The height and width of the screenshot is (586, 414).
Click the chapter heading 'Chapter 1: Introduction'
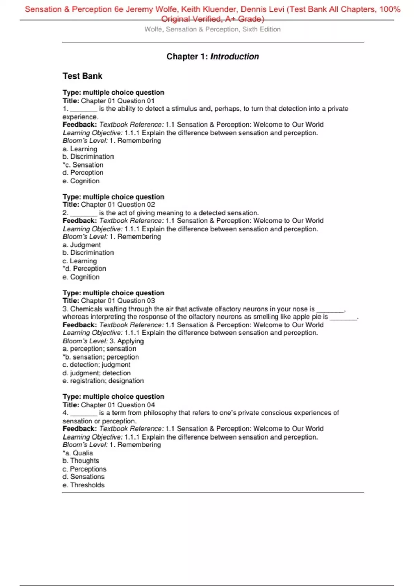(x=213, y=57)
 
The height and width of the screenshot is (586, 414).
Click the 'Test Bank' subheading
(x=82, y=76)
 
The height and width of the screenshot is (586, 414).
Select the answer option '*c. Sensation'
(x=83, y=165)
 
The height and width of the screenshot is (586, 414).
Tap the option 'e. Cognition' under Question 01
(x=81, y=181)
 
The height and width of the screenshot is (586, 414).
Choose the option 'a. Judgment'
(x=82, y=245)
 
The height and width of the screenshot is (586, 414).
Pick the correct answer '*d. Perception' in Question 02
(x=85, y=269)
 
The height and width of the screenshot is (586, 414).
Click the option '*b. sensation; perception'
(x=101, y=357)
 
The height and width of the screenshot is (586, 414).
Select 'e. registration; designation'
(x=103, y=381)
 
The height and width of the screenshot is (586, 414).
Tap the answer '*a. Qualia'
(x=78, y=453)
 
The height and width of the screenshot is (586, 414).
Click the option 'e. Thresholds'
(x=83, y=485)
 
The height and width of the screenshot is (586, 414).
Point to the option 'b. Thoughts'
(x=81, y=461)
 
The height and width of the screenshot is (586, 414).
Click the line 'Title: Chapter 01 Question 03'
(x=109, y=301)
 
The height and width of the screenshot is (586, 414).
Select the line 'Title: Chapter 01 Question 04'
(x=109, y=405)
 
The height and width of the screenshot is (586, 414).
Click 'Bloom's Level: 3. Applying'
(x=103, y=341)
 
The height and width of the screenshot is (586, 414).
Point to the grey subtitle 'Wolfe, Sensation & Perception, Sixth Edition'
(x=213, y=29)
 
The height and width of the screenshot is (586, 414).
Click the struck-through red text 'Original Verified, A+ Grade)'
(x=213, y=19)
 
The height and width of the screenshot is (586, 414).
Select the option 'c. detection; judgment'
(x=96, y=365)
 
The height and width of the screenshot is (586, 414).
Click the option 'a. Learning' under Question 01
(x=80, y=149)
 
